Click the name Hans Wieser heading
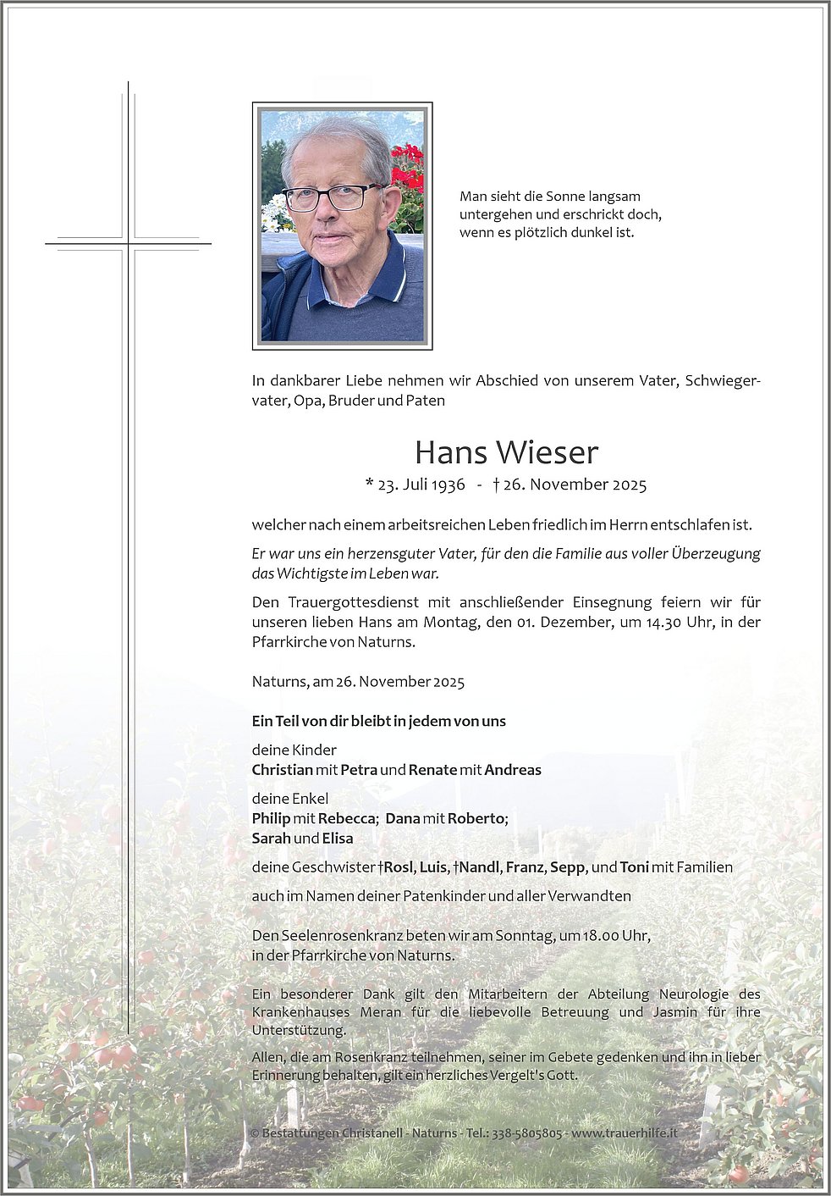click(506, 452)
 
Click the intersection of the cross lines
click(129, 244)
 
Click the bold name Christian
click(282, 770)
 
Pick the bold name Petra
click(359, 770)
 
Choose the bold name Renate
click(432, 770)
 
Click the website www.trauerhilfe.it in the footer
click(625, 1133)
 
